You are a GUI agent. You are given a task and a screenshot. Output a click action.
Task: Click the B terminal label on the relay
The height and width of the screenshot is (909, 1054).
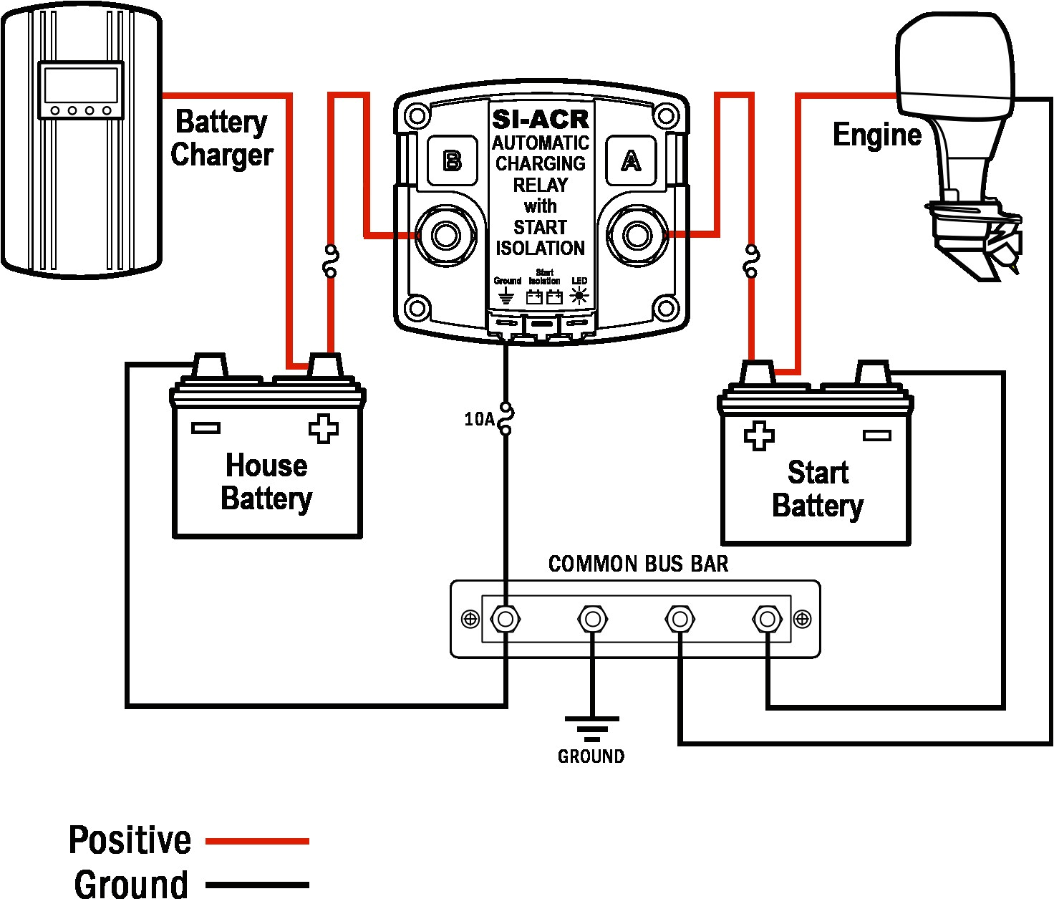(x=453, y=160)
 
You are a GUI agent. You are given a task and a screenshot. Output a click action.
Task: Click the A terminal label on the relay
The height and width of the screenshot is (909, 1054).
(x=631, y=160)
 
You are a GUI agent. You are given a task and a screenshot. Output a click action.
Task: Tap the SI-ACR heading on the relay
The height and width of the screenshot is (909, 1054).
(x=541, y=120)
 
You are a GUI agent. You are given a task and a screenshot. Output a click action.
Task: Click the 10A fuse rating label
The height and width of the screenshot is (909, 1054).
(x=479, y=419)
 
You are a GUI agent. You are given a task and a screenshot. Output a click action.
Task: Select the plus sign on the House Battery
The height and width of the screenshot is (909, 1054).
(x=323, y=428)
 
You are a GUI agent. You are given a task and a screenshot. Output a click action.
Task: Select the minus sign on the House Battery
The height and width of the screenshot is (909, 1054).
(x=206, y=428)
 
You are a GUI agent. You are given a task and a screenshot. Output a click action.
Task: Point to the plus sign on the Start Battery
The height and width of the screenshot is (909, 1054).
(x=759, y=436)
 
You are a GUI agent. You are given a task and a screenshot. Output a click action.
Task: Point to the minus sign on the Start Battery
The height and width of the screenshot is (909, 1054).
(x=877, y=436)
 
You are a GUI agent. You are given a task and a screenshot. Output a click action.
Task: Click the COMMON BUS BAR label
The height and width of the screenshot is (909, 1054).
(x=638, y=564)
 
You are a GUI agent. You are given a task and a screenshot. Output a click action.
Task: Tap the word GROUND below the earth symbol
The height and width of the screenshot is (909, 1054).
(x=591, y=756)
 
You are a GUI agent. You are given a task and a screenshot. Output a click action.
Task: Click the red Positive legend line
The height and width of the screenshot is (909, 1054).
(x=258, y=841)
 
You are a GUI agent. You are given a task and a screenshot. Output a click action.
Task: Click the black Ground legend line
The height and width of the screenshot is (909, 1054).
(x=258, y=885)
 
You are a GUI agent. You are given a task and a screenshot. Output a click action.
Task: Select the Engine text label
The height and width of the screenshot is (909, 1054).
(x=877, y=135)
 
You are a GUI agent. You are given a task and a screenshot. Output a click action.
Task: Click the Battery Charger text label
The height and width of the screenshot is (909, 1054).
(x=222, y=138)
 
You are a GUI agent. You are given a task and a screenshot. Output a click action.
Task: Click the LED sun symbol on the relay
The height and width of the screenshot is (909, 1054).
(x=579, y=296)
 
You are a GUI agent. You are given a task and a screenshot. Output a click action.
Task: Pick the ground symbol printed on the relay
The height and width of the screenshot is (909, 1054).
(x=506, y=295)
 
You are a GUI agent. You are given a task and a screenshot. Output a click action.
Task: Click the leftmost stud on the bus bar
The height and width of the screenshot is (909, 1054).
(x=506, y=620)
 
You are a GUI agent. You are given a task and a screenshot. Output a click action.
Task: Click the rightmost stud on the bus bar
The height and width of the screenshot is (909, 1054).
(x=768, y=620)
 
